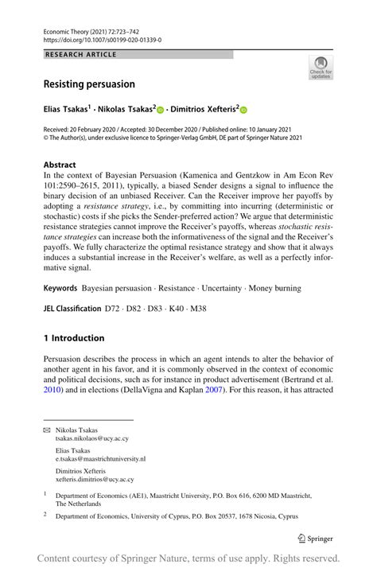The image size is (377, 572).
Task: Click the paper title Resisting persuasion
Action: click(88, 84)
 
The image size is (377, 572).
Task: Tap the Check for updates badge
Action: click(321, 68)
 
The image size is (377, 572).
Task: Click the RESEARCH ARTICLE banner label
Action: click(82, 55)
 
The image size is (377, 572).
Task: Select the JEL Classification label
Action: click(71, 308)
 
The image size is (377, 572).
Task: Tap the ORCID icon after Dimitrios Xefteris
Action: click(243, 111)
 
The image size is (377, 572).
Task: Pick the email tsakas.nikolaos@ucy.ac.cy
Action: click(91, 438)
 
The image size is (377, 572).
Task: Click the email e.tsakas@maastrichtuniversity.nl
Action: click(100, 459)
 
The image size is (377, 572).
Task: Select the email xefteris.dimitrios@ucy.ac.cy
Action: click(94, 480)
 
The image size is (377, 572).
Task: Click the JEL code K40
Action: click(173, 308)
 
